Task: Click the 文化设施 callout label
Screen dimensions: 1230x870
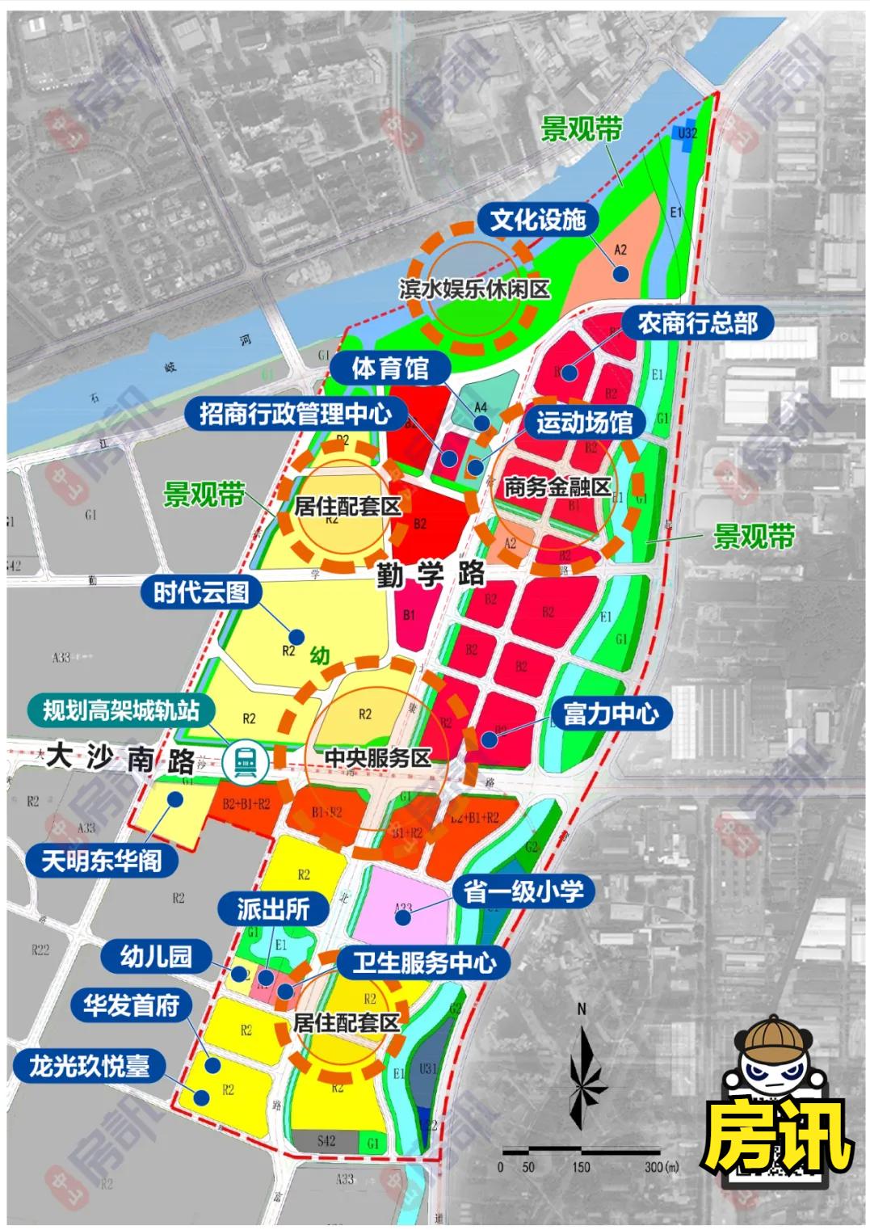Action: coord(537,220)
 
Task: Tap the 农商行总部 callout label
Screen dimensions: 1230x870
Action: coord(697,323)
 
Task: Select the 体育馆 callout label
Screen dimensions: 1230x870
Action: coord(389,369)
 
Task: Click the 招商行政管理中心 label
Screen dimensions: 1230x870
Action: coord(296,415)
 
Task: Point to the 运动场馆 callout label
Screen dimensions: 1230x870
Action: coord(584,422)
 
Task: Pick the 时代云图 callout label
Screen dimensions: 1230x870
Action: coord(201,592)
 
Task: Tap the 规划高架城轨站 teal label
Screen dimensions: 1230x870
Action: coord(120,711)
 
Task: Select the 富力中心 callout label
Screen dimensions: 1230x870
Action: coord(610,714)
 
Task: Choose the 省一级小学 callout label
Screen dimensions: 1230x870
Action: coord(523,891)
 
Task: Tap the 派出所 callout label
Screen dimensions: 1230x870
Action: coord(273,909)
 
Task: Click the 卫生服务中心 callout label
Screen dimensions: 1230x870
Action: coord(423,963)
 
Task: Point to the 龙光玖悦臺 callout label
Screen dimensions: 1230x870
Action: coord(90,1066)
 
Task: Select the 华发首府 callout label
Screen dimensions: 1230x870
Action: coord(131,1006)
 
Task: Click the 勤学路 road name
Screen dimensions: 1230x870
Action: coord(431,575)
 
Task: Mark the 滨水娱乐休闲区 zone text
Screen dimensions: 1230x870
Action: coord(474,289)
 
